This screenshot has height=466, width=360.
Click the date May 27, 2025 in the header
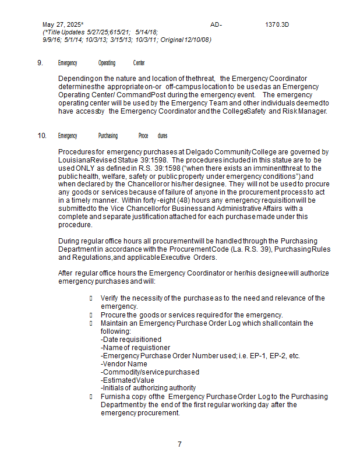pos(62,24)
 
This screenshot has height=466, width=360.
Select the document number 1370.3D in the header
pos(277,24)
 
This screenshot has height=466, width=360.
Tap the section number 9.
pos(40,63)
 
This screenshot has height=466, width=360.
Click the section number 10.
pos(42,136)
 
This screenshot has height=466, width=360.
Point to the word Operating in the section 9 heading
pos(107,63)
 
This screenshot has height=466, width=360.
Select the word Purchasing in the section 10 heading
pos(108,136)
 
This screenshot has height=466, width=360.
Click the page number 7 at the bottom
pos(179,444)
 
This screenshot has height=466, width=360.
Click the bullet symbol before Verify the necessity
pos(91,298)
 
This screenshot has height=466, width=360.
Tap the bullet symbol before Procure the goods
pos(91,315)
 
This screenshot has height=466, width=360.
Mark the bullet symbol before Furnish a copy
pos(91,396)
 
